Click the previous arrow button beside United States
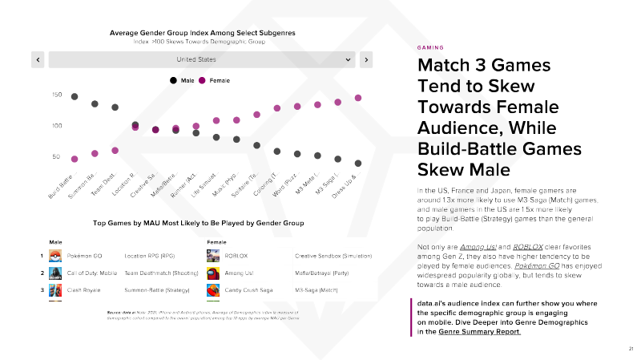point(38,59)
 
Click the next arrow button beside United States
point(365,59)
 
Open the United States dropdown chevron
point(349,59)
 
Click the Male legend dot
point(174,80)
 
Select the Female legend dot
point(203,80)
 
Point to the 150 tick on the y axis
point(56,95)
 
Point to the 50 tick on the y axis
point(56,157)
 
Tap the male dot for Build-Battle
point(75,96)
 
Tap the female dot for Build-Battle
point(75,159)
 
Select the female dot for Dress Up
point(358,98)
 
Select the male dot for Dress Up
point(358,163)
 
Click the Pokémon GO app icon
point(55,256)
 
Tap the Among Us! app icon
point(213,273)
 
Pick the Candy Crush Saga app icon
point(213,289)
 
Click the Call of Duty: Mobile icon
point(55,273)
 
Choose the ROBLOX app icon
point(213,256)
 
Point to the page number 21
point(631,349)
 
